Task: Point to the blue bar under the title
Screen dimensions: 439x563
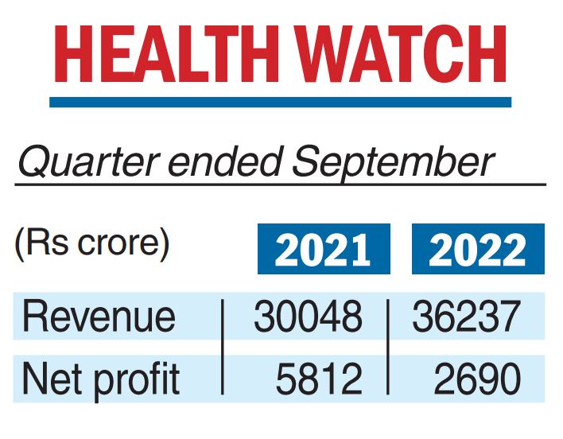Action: (x=280, y=102)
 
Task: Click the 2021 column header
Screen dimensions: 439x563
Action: (x=324, y=250)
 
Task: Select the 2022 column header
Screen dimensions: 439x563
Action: (x=478, y=250)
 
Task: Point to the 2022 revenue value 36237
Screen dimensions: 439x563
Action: (x=466, y=317)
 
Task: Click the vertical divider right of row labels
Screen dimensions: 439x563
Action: (x=222, y=347)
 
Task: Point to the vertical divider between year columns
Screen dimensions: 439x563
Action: (x=388, y=347)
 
